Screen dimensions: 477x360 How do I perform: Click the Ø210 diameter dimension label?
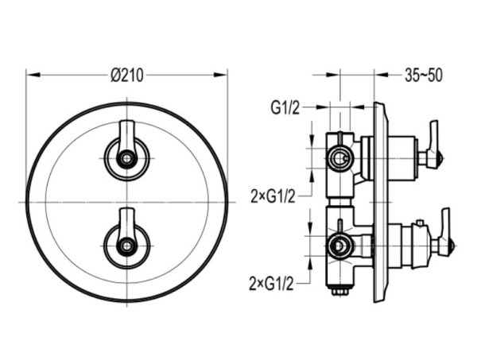pos(127,75)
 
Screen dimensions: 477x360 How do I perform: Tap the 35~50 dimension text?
pos(423,75)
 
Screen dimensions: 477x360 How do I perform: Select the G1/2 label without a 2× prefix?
pos(285,108)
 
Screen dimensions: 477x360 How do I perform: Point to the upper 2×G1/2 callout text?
pos(273,197)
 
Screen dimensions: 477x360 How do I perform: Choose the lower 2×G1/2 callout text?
pos(272,285)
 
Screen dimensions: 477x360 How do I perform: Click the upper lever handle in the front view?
pos(127,137)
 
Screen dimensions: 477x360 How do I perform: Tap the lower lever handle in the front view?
pos(127,224)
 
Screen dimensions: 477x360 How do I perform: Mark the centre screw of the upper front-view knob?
pos(127,158)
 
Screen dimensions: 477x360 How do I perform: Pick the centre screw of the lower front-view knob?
pos(127,246)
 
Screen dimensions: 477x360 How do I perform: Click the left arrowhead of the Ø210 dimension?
pos(33,75)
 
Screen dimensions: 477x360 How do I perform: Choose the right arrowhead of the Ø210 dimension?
pos(220,75)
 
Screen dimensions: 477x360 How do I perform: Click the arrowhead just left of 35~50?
pos(382,75)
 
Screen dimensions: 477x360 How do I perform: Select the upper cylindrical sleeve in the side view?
pos(402,158)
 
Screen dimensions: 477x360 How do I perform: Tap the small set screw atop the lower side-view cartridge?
pos(421,223)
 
